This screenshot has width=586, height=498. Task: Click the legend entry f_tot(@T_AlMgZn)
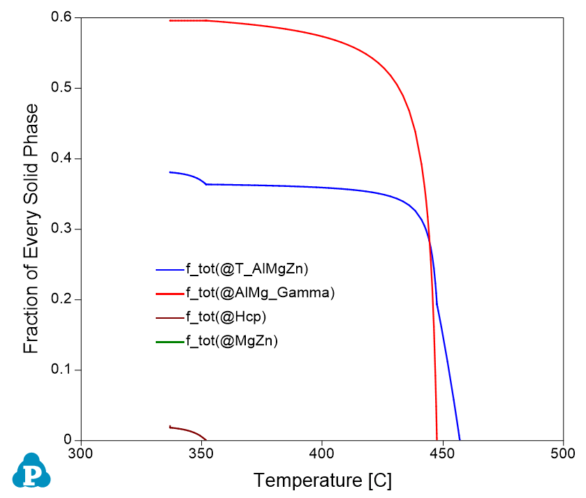tap(247, 269)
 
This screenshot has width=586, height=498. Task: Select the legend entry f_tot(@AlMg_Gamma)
tap(260, 293)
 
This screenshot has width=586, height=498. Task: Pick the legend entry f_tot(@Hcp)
tap(226, 317)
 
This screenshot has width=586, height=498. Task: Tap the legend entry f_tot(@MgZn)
tap(232, 341)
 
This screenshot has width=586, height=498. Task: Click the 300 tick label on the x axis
tap(82, 453)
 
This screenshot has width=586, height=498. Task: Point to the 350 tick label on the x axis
tap(202, 453)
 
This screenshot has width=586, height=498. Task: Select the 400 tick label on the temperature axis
tap(322, 453)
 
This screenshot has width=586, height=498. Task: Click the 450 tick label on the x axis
tap(442, 453)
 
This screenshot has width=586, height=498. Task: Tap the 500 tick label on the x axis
tap(562, 453)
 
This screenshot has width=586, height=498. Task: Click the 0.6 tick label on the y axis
tap(63, 17)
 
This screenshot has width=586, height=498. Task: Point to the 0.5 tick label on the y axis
tap(63, 88)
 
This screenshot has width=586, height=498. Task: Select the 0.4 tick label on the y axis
tap(63, 158)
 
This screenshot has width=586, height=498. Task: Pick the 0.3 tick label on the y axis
tap(63, 229)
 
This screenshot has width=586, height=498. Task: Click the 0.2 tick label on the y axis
tap(63, 299)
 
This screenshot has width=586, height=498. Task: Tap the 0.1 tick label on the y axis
tap(63, 370)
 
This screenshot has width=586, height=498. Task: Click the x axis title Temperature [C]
tap(322, 481)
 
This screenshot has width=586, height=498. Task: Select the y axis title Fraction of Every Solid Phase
tap(31, 229)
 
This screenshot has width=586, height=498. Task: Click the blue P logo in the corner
tap(31, 471)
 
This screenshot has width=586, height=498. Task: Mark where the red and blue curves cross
tap(430, 242)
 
